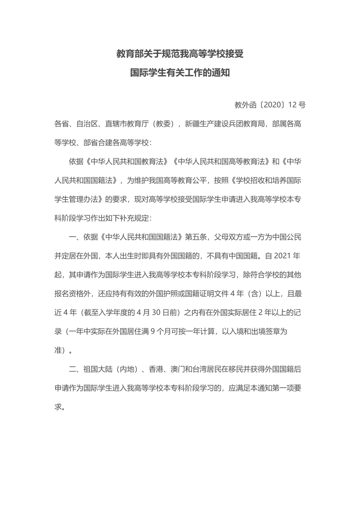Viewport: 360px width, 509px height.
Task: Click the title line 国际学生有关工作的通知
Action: point(180,73)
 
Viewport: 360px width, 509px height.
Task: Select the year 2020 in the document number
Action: point(273,105)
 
